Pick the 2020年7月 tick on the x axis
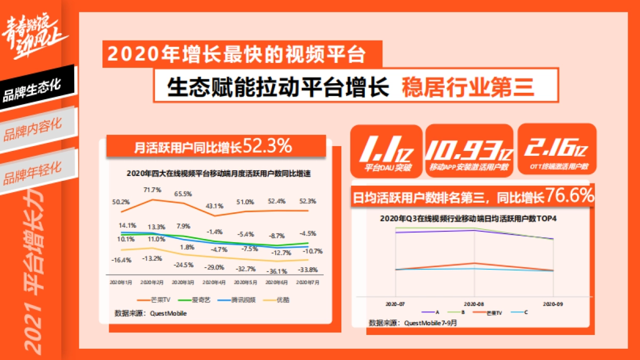(x=307, y=282)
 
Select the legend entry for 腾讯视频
(x=237, y=300)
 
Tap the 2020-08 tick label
(x=474, y=303)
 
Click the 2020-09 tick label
(x=553, y=303)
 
